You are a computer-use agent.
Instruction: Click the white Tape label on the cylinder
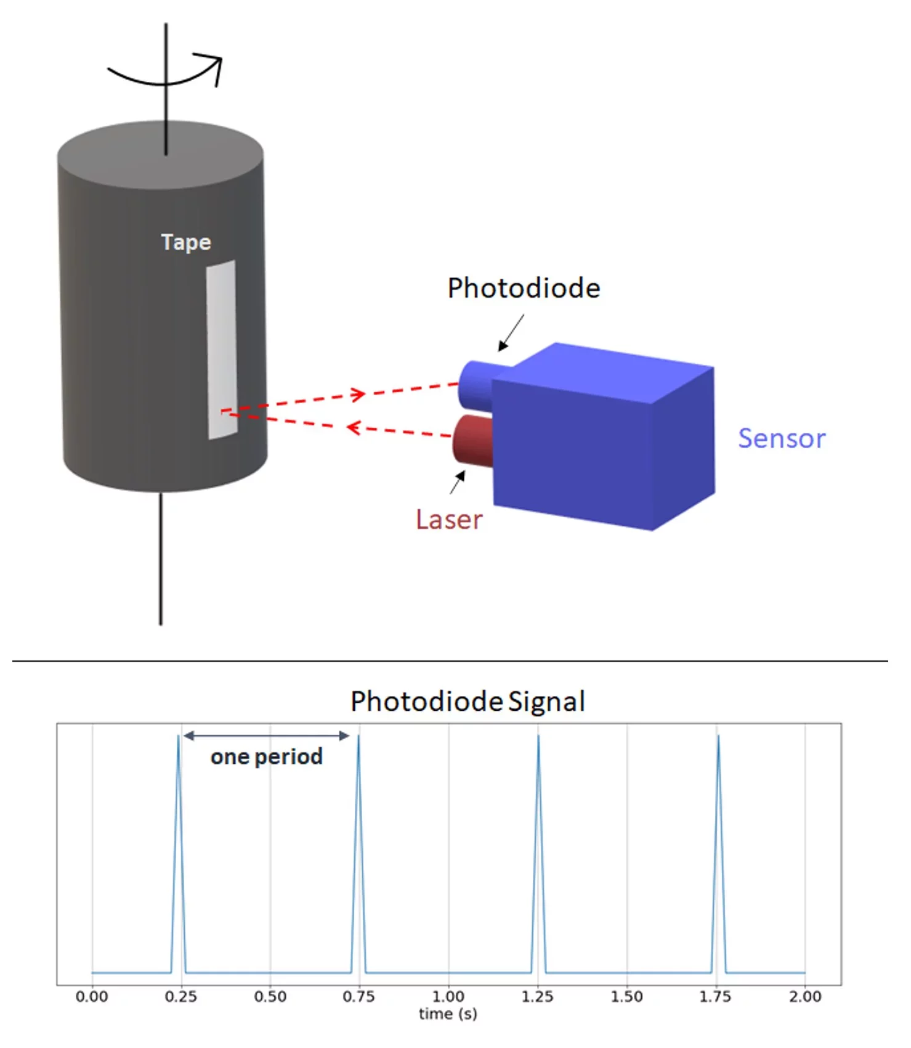click(186, 242)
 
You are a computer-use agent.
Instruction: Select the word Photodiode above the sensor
click(524, 289)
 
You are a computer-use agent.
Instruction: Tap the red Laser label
click(449, 520)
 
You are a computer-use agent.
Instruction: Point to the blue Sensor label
click(781, 439)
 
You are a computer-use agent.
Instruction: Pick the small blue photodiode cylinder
click(476, 385)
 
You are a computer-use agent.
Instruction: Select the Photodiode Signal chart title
click(468, 702)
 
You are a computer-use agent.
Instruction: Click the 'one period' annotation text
click(267, 756)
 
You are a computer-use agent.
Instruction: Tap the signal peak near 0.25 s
click(179, 737)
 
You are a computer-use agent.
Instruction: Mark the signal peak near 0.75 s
click(358, 737)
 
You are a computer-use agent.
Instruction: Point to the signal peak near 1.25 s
click(538, 737)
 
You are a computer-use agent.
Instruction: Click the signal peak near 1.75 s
click(718, 737)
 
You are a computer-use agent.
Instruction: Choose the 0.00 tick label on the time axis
click(92, 997)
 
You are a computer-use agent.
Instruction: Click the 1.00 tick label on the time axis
click(448, 997)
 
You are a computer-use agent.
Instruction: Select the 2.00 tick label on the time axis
click(805, 997)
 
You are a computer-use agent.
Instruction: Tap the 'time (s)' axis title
click(448, 1014)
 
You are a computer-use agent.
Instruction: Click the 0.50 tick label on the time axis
click(270, 997)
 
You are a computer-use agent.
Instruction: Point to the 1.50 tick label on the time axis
click(626, 997)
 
